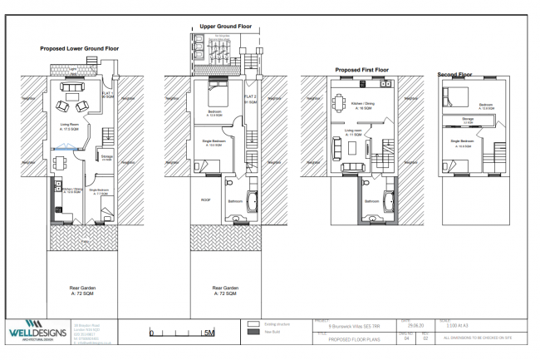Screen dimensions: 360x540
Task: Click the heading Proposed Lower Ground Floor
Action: click(x=80, y=49)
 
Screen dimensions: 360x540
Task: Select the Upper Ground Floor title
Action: click(x=223, y=26)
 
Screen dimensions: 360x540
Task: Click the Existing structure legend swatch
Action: click(x=254, y=324)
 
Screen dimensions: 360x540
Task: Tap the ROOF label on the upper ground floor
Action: click(x=206, y=200)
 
